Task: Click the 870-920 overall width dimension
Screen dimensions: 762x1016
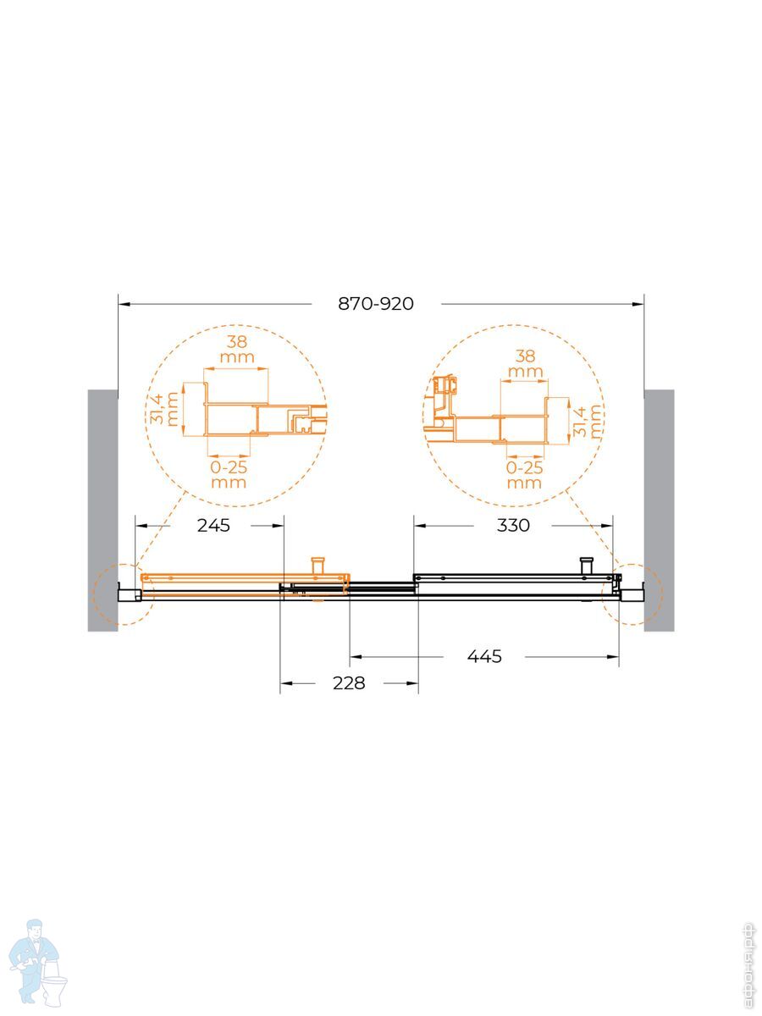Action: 376,304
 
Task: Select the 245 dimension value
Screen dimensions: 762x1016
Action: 213,526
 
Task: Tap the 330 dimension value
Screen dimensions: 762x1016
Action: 513,526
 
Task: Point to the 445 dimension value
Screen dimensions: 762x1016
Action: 484,656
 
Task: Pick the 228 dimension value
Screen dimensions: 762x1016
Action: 349,682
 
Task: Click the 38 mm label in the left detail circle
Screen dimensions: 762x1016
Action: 237,350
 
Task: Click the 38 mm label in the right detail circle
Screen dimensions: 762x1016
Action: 525,363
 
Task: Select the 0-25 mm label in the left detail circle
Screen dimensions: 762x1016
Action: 229,475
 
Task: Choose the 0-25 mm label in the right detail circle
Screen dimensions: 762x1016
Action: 524,475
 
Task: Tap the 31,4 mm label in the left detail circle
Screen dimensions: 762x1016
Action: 164,409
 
